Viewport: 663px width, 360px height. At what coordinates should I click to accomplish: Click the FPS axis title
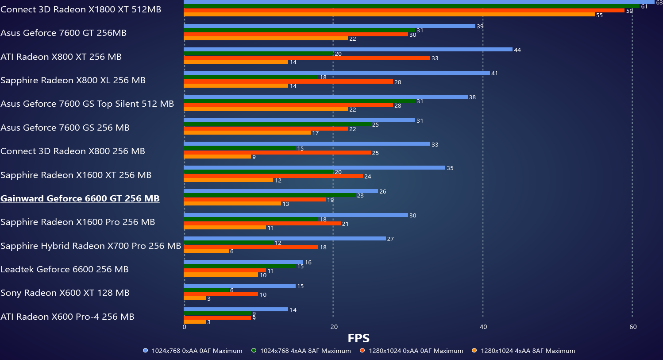point(358,338)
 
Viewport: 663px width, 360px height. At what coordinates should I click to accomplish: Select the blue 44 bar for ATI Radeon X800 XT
point(348,50)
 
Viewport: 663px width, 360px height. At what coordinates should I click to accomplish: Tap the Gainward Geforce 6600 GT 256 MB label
point(80,198)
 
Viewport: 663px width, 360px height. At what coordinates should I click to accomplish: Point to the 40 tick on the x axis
point(483,327)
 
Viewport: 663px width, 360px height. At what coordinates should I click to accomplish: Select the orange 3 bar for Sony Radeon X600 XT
point(195,298)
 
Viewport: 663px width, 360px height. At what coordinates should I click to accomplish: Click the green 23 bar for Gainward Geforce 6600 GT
point(270,195)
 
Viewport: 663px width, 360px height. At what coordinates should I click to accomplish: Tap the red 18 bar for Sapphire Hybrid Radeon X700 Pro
point(251,247)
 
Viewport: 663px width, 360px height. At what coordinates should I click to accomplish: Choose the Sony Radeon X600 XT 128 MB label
point(65,293)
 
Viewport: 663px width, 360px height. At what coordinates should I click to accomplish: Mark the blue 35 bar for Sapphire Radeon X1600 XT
point(314,168)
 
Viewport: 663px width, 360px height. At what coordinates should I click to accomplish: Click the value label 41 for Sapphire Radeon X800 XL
point(494,74)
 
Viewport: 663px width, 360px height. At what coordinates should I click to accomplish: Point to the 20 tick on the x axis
point(334,327)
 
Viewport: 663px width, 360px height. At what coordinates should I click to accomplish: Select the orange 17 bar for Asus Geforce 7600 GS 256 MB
point(247,133)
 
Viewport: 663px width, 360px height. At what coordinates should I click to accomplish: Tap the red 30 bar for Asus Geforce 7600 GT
point(296,35)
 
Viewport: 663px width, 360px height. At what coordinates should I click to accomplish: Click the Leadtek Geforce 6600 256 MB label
point(65,269)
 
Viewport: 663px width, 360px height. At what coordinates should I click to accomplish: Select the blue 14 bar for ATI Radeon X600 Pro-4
point(236,310)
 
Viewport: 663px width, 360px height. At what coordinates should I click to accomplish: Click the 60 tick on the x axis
point(633,327)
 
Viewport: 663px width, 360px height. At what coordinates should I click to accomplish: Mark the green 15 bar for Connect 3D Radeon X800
point(239,148)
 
